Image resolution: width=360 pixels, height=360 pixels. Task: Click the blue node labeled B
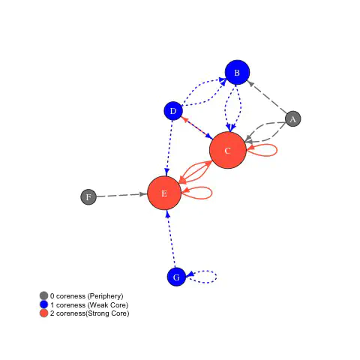coord(237,73)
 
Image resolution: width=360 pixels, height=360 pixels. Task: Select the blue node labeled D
coord(173,111)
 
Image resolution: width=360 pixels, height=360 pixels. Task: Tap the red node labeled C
coord(228,150)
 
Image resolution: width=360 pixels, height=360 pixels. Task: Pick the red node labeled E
coord(164,193)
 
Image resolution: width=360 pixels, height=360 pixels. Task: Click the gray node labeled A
coord(293,118)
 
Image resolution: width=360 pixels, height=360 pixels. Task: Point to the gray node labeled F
coord(88,197)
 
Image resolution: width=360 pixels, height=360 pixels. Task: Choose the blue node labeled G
coord(176,277)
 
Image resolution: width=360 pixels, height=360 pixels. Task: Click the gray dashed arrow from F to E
coord(122,195)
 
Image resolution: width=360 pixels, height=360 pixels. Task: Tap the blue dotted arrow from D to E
coord(169,148)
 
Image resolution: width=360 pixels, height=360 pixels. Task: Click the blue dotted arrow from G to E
coord(171,238)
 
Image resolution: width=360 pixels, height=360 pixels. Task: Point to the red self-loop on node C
coord(277,150)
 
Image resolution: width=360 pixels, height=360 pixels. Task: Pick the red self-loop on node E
coord(212,193)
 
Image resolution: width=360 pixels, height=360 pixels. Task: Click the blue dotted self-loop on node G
coord(217,277)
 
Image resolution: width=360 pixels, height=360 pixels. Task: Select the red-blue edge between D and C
coord(196,127)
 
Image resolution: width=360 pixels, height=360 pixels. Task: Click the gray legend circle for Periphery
coord(43,295)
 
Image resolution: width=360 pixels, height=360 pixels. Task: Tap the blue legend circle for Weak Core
coord(43,304)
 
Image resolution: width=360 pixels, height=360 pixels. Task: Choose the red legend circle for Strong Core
coord(43,313)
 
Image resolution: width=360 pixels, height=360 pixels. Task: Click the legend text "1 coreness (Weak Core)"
coord(89,304)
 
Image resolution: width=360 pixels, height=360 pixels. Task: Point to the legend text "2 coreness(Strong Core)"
coord(90,313)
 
